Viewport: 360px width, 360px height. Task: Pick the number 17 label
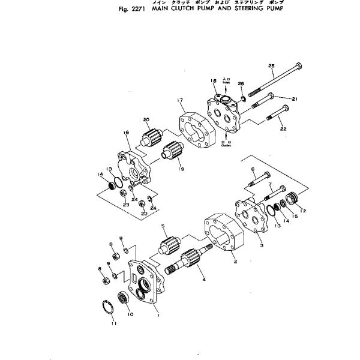(179, 100)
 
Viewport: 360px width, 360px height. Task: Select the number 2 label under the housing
(235, 262)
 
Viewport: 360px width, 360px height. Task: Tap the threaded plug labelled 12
(295, 198)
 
